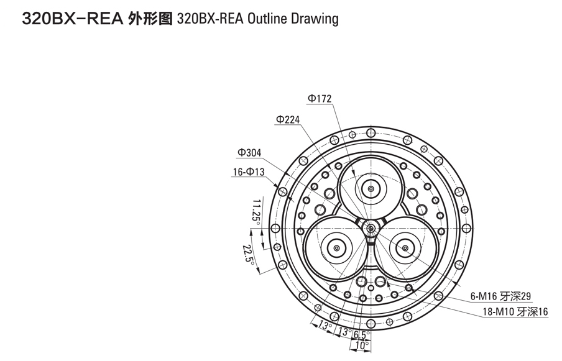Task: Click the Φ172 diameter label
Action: [x=320, y=99]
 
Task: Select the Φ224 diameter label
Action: [x=288, y=119]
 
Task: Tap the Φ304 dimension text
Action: [x=249, y=153]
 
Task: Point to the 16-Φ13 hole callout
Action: [x=249, y=172]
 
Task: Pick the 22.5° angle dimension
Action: [x=249, y=253]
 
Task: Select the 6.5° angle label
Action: [x=361, y=336]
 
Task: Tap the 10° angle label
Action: [x=362, y=345]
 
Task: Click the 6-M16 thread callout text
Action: [x=500, y=296]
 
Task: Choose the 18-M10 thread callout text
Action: [x=515, y=312]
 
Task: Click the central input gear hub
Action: [x=371, y=228]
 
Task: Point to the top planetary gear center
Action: [x=371, y=188]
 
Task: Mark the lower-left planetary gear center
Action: [x=336, y=248]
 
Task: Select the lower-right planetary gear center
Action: [x=405, y=248]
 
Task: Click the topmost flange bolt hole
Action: [x=371, y=133]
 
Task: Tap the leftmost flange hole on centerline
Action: [x=275, y=228]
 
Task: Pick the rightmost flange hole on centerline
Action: [x=467, y=228]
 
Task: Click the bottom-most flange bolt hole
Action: [x=371, y=324]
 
